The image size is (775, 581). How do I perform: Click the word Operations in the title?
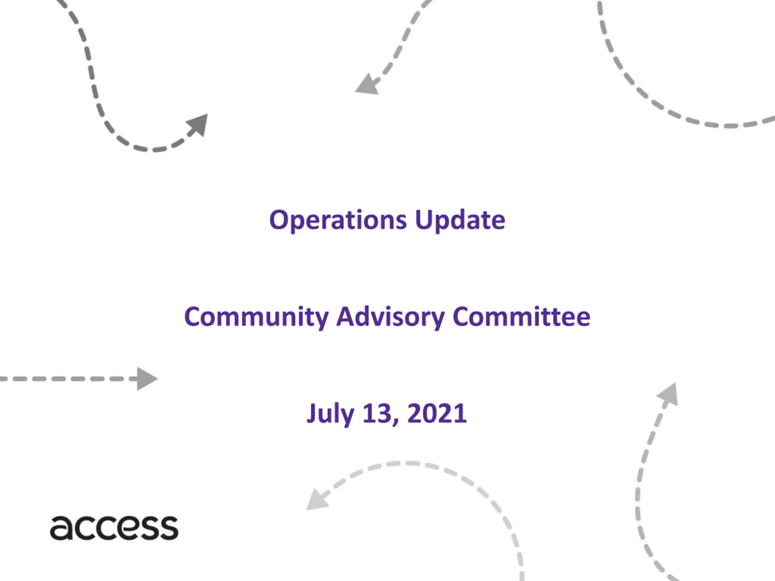338,221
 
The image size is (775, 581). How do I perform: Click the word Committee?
522,317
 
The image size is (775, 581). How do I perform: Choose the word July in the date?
330,414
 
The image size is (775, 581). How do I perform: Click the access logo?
114,528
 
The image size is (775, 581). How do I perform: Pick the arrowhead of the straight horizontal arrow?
147,379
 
